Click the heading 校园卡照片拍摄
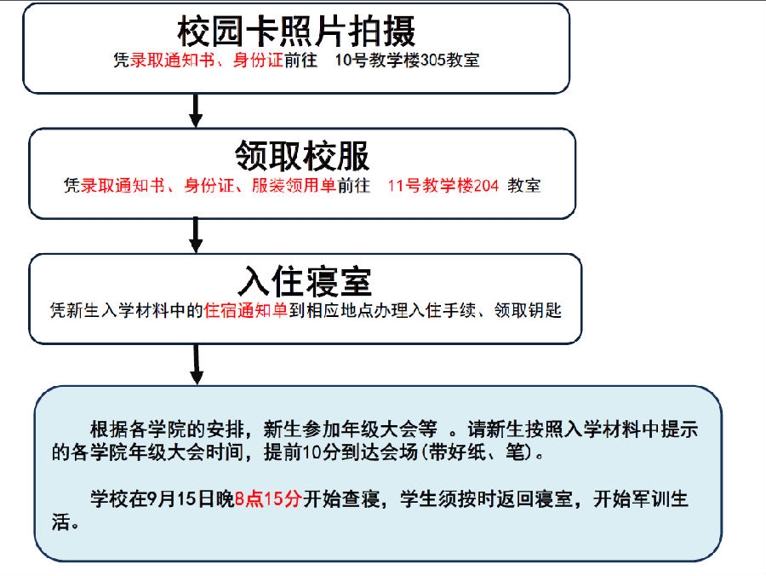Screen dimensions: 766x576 296,32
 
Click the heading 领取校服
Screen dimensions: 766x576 302,156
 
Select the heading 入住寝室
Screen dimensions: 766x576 305,281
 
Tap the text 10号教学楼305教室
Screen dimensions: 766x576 407,60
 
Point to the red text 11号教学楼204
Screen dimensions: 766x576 443,186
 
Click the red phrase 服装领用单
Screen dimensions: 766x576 294,186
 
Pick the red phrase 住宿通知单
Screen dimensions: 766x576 246,310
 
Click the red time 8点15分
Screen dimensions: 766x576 268,498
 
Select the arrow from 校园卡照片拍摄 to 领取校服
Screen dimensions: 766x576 196,111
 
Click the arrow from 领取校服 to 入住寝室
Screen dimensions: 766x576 196,235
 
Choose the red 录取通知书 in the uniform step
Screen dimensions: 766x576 123,186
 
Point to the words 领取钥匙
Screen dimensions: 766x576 528,310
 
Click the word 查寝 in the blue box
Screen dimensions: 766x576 361,498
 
